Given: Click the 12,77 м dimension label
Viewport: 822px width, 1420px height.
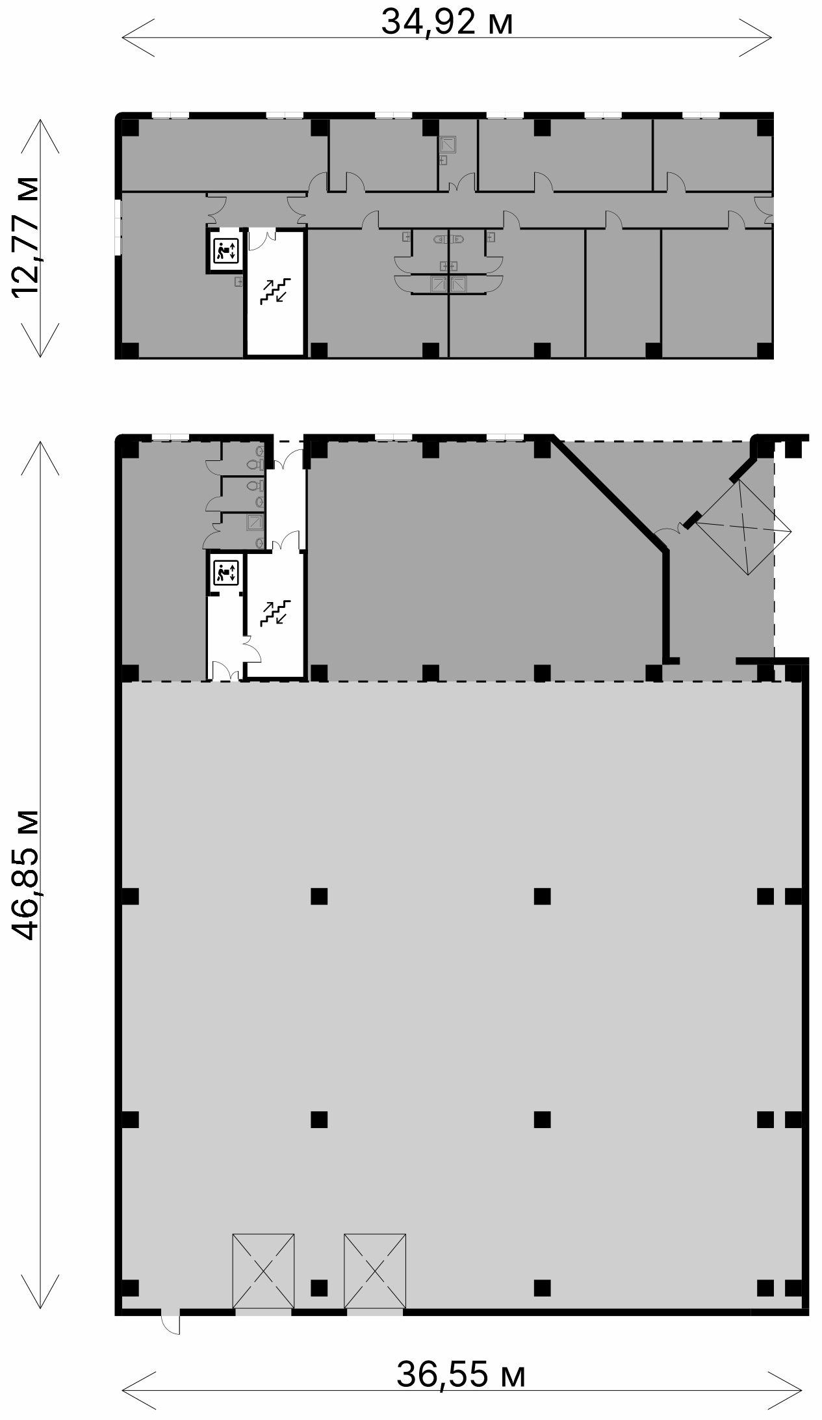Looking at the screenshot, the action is [x=26, y=237].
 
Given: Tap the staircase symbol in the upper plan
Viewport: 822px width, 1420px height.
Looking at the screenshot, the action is [x=276, y=291].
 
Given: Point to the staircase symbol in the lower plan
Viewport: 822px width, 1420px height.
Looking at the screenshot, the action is [x=276, y=613].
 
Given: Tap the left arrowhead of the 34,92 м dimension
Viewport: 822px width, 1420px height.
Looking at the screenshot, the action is [x=138, y=38].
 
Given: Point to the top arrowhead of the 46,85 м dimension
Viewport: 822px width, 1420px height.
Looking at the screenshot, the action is [x=40, y=458].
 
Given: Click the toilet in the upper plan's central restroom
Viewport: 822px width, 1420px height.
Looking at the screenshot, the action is [x=449, y=239].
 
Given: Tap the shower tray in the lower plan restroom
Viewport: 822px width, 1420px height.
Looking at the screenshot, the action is [x=255, y=523].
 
